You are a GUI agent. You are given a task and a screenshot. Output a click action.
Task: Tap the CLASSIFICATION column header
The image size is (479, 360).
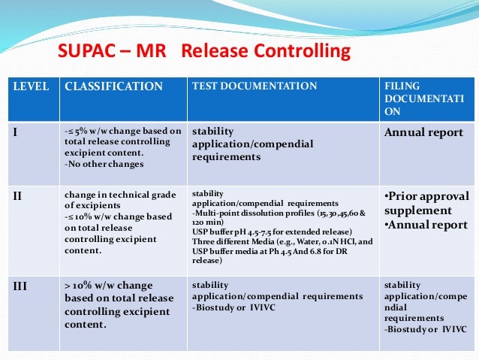click(113, 86)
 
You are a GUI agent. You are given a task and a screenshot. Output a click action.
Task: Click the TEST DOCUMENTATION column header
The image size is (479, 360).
click(255, 86)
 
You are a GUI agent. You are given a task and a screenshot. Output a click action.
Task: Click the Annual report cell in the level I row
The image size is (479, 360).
click(423, 133)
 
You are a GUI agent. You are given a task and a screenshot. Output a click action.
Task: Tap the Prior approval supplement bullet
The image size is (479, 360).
click(425, 203)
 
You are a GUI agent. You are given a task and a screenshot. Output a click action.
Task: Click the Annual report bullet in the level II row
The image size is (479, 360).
click(425, 224)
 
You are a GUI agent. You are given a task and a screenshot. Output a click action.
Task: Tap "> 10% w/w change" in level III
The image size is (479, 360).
click(109, 286)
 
